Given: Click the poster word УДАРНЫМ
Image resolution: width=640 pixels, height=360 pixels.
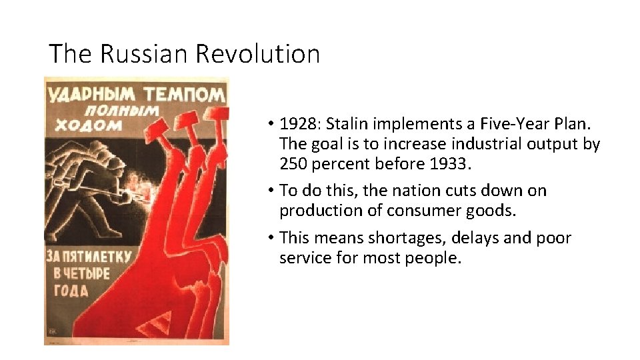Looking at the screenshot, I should (89, 94).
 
